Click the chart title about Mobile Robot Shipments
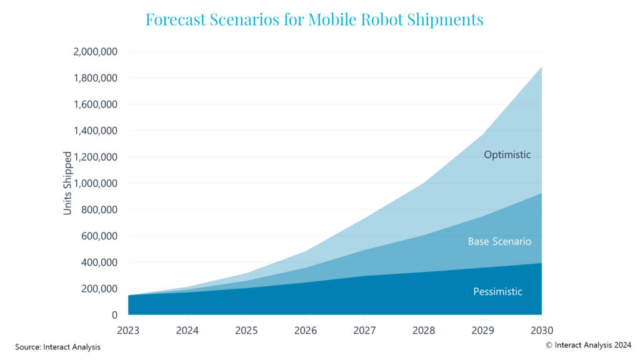coord(314,19)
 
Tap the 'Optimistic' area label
coord(507,154)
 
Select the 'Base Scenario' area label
coord(499,241)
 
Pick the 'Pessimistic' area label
coord(497,291)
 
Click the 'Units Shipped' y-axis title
coord(67,183)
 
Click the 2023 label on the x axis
coord(128,330)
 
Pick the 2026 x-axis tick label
coord(305,330)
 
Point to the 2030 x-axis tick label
coord(541,330)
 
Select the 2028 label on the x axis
coord(423,330)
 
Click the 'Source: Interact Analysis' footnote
coord(57,346)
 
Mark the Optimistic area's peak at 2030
coord(541,67)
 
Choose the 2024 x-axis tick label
coord(187,330)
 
